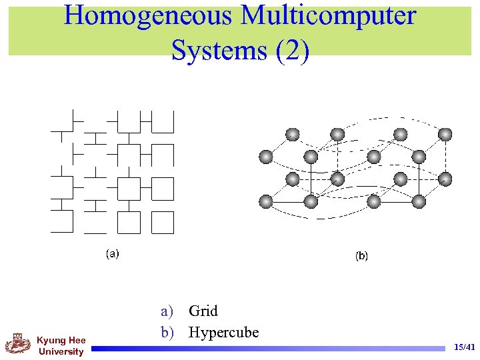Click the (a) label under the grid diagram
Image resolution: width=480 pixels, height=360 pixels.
(x=113, y=253)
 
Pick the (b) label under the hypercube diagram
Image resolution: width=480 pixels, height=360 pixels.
(x=361, y=255)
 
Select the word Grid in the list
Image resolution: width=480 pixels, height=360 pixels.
(x=203, y=311)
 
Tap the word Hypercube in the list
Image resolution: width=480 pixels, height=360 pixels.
(x=223, y=332)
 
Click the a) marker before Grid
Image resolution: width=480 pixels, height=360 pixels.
(x=167, y=311)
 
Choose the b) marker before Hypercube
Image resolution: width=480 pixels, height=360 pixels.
(x=167, y=332)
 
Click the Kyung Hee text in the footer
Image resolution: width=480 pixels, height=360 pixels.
(x=61, y=341)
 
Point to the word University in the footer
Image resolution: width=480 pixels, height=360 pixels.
(x=61, y=351)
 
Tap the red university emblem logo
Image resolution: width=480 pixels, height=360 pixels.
(x=18, y=344)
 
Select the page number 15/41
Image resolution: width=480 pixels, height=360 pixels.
(x=464, y=347)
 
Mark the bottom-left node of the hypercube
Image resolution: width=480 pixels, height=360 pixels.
(x=266, y=201)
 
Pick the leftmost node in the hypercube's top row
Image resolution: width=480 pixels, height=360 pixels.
(x=292, y=134)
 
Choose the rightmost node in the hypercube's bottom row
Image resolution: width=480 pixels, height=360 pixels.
(x=419, y=201)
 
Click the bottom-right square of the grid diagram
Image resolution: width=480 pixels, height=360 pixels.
(x=162, y=223)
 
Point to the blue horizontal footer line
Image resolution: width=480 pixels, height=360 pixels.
(x=267, y=347)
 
